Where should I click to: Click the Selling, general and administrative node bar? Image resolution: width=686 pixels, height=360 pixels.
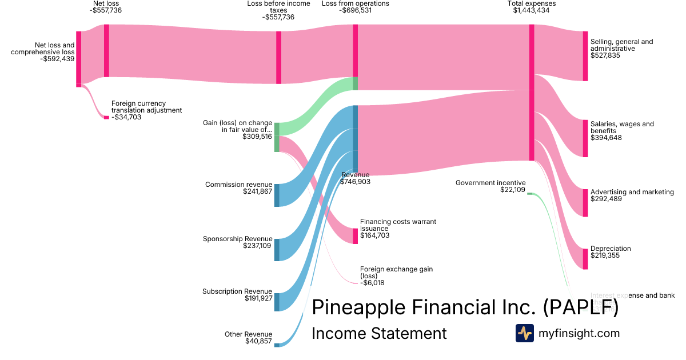(585, 56)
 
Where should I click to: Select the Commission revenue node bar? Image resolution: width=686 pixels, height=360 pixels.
(277, 195)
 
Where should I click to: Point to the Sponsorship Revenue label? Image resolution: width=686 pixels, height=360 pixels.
(237, 239)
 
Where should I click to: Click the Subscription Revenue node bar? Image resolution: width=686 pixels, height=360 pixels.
(277, 302)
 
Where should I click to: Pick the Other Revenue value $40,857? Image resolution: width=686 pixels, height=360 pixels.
(257, 341)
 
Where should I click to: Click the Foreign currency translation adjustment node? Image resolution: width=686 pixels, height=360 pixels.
(106, 117)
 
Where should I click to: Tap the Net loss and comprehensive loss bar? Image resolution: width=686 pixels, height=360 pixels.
(79, 58)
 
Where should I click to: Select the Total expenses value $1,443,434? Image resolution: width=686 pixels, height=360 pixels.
(532, 10)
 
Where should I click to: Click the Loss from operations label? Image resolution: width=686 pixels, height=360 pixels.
(347, 3)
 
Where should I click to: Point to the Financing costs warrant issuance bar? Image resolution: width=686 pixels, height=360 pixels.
(355, 236)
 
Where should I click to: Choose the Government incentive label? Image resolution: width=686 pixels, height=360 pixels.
(490, 183)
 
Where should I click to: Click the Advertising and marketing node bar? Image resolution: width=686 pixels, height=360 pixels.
(585, 203)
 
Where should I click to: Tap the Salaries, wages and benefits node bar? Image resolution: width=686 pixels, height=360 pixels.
(585, 138)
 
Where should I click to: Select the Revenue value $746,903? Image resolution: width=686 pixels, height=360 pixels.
(355, 182)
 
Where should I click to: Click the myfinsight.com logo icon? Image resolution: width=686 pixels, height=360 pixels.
(525, 333)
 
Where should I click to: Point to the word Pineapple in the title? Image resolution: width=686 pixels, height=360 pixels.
(358, 307)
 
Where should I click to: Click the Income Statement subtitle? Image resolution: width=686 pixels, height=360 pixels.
(378, 334)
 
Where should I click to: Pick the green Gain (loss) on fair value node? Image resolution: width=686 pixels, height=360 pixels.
(277, 137)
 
